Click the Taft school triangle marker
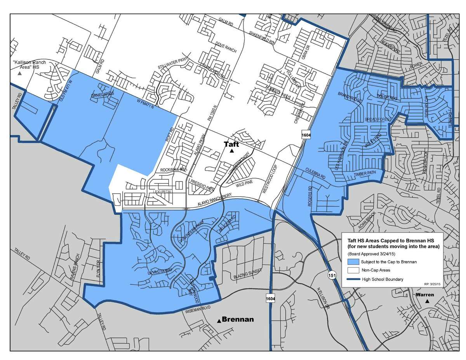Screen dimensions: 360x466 [x=232, y=151]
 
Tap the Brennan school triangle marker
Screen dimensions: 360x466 [x=219, y=321]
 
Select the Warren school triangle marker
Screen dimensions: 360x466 [x=428, y=301]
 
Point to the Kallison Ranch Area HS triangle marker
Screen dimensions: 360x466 [x=20, y=73]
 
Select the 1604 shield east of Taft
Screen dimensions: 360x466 [x=305, y=134]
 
